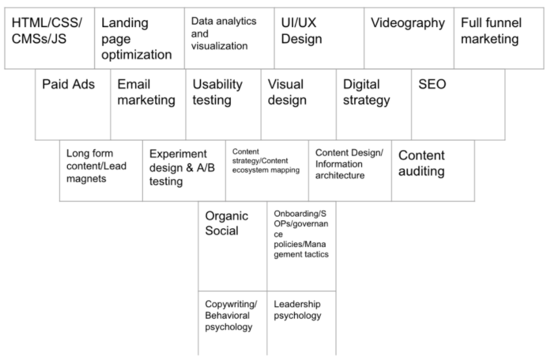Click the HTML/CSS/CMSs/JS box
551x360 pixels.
47,30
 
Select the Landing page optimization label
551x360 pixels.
136,39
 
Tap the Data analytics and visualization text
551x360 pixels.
223,34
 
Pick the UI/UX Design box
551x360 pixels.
301,30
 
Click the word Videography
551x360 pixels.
407,23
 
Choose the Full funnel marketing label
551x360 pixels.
492,30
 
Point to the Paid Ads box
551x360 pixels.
68,85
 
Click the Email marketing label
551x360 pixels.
146,92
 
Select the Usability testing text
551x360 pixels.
218,92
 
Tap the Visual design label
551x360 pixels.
287,92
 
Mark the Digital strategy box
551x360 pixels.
366,92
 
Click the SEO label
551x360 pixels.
432,85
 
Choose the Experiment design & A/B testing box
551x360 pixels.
178,168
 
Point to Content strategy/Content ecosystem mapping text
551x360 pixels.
265,161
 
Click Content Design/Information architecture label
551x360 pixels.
349,164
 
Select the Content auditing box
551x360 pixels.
422,164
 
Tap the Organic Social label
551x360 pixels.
222,224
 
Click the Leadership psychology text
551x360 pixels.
297,310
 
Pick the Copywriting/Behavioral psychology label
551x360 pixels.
231,315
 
